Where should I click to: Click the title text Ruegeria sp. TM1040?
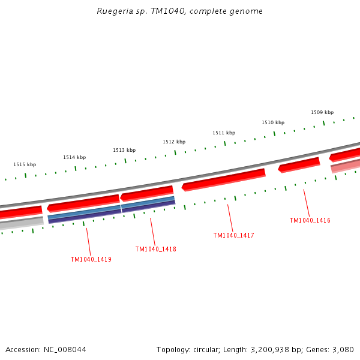(x=179, y=11)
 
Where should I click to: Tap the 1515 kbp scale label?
(x=25, y=164)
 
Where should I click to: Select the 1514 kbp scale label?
(x=74, y=157)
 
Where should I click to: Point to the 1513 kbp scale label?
(x=124, y=150)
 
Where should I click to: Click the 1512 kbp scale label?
(x=174, y=142)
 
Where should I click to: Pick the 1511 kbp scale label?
(x=224, y=133)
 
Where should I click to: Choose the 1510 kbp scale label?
(x=273, y=122)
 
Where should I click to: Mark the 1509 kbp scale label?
(x=322, y=112)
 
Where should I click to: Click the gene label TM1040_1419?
(x=91, y=260)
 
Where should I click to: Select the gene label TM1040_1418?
(x=156, y=249)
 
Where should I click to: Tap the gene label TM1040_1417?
(x=234, y=235)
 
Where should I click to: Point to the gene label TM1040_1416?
(x=310, y=220)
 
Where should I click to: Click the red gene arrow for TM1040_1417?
(x=224, y=179)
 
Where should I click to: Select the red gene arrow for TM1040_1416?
(x=299, y=164)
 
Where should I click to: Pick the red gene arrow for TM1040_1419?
(x=83, y=203)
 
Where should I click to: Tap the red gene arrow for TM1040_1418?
(x=147, y=193)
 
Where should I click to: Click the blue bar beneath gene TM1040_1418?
(x=148, y=203)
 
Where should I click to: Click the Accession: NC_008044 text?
(x=46, y=349)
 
